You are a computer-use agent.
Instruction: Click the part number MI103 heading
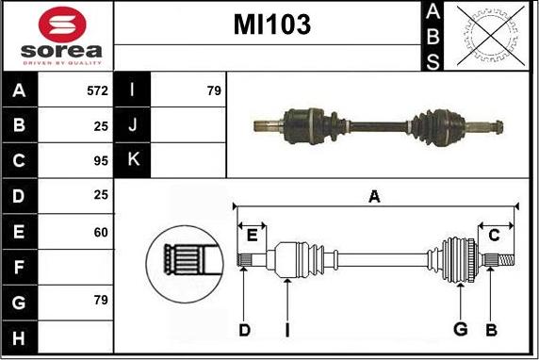[271, 26]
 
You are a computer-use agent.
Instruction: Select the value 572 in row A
[97, 91]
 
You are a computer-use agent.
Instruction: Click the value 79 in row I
[213, 91]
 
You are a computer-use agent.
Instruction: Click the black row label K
[132, 160]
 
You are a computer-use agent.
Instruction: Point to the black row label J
[132, 125]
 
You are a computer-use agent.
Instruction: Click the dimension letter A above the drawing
[374, 197]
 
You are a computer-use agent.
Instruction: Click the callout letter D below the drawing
[243, 329]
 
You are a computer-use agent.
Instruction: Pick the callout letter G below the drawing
[460, 329]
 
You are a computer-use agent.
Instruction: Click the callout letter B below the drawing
[490, 329]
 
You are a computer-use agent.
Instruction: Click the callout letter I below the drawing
[286, 329]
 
